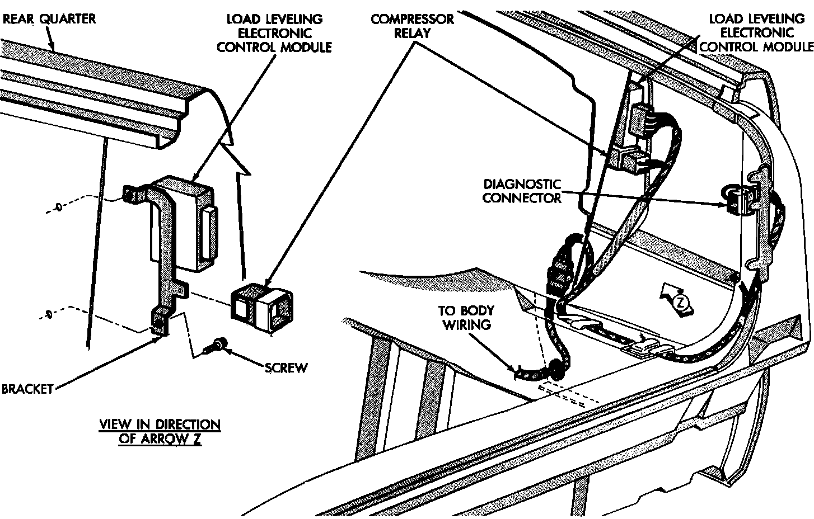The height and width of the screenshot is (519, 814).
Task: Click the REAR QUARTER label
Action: point(49,18)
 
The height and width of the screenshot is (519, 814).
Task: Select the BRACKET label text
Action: point(27,389)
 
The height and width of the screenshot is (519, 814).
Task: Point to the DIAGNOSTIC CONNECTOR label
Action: point(522,191)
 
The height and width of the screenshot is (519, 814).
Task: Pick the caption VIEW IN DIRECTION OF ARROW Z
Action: point(160,431)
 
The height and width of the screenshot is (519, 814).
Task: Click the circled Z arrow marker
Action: point(678,302)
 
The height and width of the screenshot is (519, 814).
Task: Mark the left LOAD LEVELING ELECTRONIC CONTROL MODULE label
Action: point(274,33)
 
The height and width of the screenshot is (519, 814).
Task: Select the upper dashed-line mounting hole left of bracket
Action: point(59,208)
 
